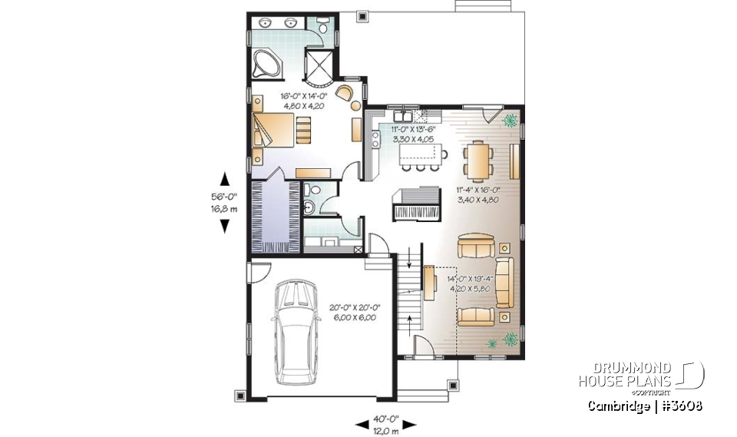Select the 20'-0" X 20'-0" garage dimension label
point(354,312)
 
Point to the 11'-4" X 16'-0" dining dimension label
point(478,194)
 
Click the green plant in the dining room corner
point(508,120)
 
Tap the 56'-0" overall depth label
point(224,202)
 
